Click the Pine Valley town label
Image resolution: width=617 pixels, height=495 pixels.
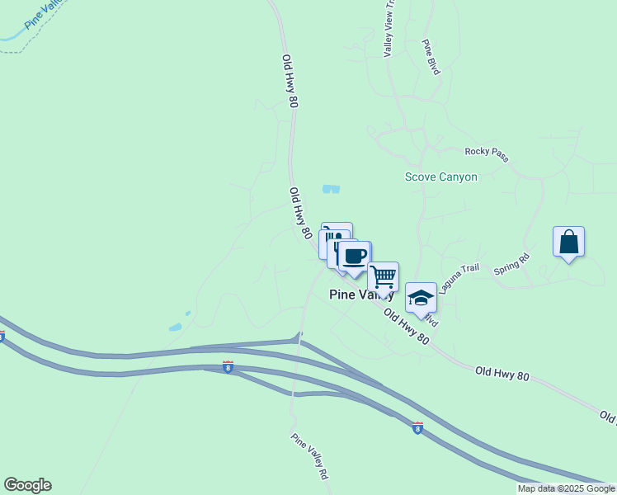tap(361, 295)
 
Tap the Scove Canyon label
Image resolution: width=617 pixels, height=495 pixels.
tap(440, 177)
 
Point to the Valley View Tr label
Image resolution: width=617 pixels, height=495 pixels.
tap(390, 28)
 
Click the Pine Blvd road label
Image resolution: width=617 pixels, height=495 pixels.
tap(431, 57)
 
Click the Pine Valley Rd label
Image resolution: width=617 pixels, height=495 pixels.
tap(310, 457)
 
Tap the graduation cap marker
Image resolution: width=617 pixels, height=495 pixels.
tap(421, 297)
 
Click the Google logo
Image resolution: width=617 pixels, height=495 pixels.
tap(27, 485)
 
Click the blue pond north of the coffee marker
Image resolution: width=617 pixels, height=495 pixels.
tap(331, 189)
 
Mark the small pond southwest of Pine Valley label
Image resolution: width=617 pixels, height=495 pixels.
tap(176, 328)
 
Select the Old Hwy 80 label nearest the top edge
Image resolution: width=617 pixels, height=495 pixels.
tap(290, 82)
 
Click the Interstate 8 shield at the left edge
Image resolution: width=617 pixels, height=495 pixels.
tap(2, 336)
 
